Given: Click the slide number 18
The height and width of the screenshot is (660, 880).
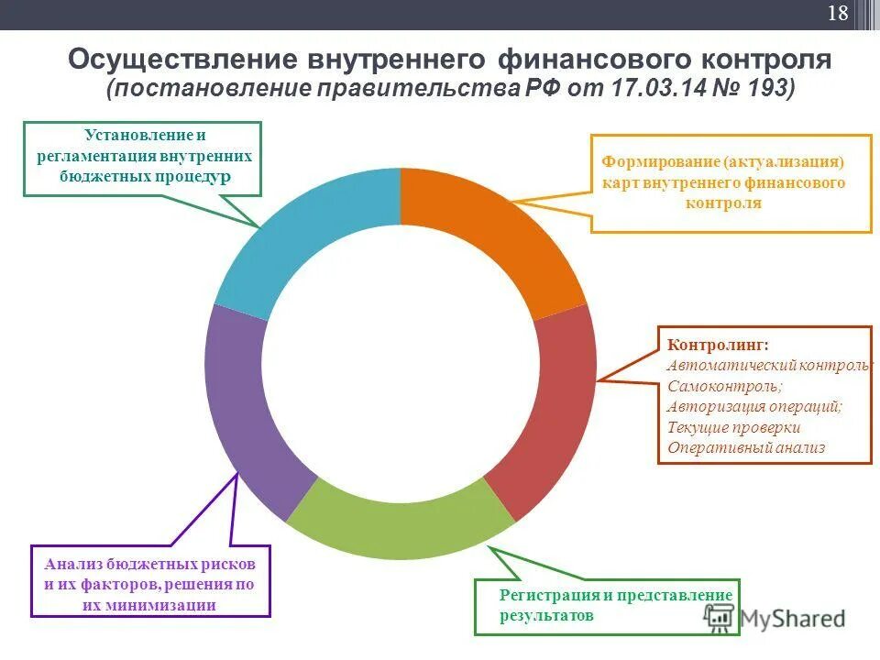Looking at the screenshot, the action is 838,14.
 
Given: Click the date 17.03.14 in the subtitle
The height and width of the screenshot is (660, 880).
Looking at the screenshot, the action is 654,89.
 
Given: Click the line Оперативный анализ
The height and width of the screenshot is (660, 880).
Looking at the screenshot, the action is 746,448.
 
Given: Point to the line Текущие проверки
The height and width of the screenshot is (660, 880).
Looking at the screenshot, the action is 733,427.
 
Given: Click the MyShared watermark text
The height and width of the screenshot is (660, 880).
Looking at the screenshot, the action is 792,619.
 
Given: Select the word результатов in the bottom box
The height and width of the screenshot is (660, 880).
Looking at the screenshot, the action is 546,616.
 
